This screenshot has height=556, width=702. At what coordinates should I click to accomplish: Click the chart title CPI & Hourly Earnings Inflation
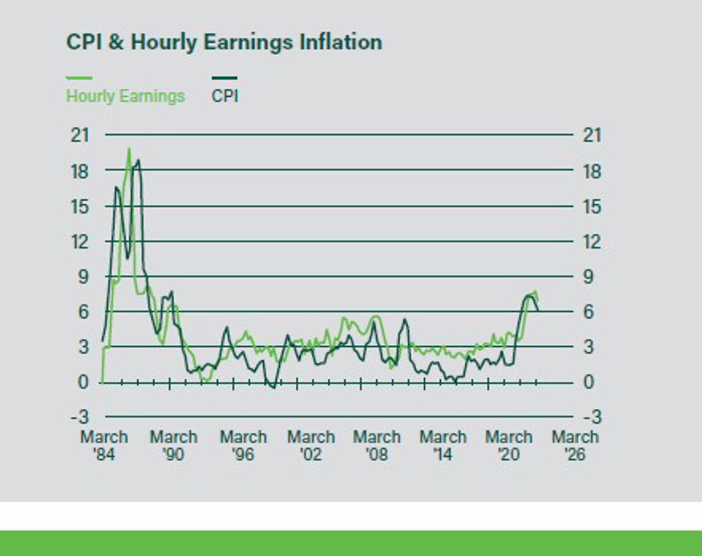pyautogui.click(x=224, y=42)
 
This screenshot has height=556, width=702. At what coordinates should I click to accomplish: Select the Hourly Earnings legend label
pyautogui.click(x=125, y=96)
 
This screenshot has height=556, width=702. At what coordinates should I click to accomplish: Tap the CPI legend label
pyautogui.click(x=225, y=96)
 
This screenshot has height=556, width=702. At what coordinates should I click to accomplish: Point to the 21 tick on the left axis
pyautogui.click(x=80, y=135)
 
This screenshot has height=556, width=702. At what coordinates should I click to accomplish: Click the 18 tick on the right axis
pyautogui.click(x=592, y=172)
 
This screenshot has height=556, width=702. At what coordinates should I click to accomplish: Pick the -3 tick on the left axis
pyautogui.click(x=80, y=417)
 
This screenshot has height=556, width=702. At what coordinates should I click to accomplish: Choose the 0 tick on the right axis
pyautogui.click(x=589, y=382)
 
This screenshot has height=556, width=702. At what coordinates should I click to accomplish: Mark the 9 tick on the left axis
pyautogui.click(x=83, y=276)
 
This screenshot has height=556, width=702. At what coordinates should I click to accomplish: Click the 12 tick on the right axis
pyautogui.click(x=592, y=242)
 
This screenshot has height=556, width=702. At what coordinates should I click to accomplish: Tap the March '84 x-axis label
pyautogui.click(x=104, y=446)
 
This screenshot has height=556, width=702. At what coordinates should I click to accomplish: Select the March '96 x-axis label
pyautogui.click(x=243, y=446)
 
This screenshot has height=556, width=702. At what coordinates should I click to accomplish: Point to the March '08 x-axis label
pyautogui.click(x=377, y=446)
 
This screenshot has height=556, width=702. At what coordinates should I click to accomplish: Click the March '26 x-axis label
pyautogui.click(x=575, y=446)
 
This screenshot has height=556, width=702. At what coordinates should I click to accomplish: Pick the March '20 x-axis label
pyautogui.click(x=508, y=446)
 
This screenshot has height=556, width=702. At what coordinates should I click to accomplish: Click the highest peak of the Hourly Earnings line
pyautogui.click(x=129, y=149)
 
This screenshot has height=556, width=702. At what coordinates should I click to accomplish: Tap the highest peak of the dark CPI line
pyautogui.click(x=138, y=161)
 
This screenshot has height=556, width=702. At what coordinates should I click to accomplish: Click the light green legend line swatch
pyautogui.click(x=79, y=78)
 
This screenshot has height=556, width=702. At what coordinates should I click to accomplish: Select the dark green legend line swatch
pyautogui.click(x=224, y=78)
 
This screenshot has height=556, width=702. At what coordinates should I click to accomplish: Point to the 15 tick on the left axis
pyautogui.click(x=80, y=207)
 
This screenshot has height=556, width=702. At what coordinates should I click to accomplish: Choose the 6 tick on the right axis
pyautogui.click(x=589, y=312)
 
